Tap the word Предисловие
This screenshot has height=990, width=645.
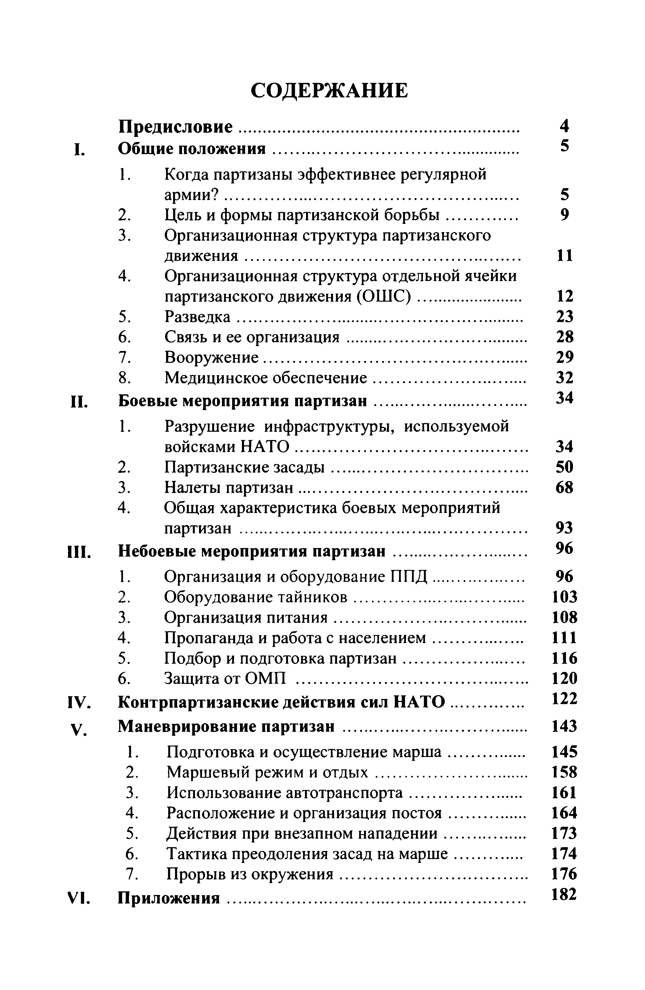(175, 127)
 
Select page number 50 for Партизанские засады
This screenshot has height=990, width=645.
(564, 467)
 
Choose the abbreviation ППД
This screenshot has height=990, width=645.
(409, 577)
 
